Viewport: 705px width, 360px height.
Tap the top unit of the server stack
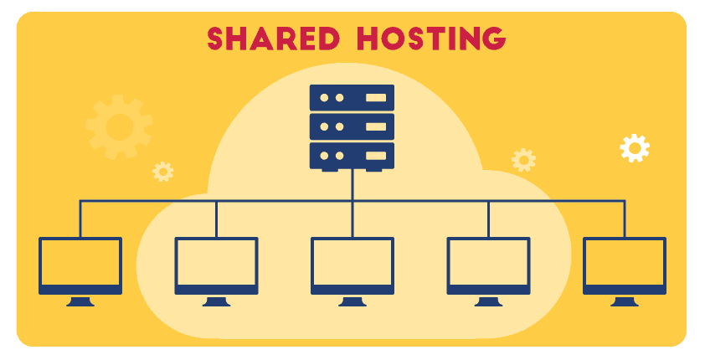point(352,97)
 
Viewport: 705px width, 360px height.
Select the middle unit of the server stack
point(352,126)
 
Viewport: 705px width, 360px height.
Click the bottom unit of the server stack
point(352,155)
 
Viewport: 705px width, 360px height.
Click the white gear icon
point(635,148)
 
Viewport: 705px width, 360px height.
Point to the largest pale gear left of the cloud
point(118,126)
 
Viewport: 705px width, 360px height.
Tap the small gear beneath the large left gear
point(162,171)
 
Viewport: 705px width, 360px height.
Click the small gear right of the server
point(523,159)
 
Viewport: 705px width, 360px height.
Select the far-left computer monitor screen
point(80,262)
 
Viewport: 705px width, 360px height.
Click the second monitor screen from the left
point(216,262)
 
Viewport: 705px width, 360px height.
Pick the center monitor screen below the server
point(352,262)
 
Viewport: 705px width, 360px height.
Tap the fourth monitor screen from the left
point(488,262)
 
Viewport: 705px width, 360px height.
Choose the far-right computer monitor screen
point(625,262)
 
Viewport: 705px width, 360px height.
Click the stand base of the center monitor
point(352,302)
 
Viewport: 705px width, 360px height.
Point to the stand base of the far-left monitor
point(80,302)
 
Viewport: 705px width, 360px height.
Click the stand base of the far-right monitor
point(625,302)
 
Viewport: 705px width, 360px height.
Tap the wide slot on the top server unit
point(376,97)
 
